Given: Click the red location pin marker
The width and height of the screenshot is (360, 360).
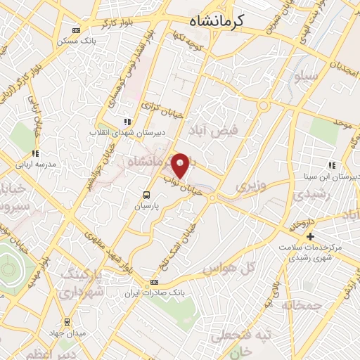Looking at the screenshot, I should click(x=181, y=165).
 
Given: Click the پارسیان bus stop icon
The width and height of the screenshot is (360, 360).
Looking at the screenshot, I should click(x=146, y=195).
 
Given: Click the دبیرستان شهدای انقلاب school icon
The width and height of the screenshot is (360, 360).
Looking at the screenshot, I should click(x=127, y=121).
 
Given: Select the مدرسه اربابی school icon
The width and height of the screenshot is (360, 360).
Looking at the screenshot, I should click(x=34, y=153).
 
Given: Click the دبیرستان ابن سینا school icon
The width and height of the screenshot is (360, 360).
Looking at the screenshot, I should click(x=332, y=165).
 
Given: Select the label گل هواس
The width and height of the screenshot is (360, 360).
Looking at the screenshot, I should click(x=227, y=269).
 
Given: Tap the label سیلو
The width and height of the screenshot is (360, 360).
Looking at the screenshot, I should click(x=308, y=76).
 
